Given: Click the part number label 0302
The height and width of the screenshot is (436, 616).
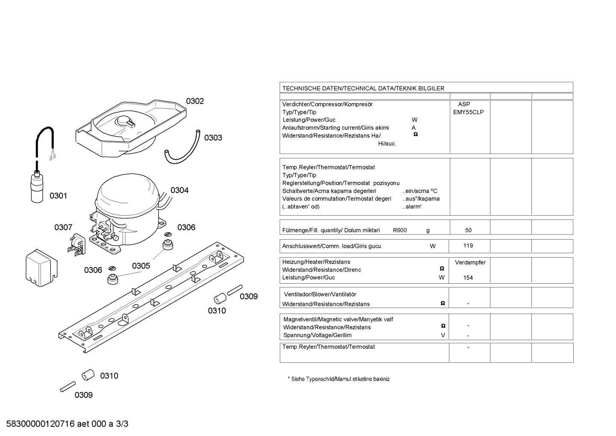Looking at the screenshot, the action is point(195,101).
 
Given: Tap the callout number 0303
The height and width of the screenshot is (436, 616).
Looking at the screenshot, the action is point(213,138).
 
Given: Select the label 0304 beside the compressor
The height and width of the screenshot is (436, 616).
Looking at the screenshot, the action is point(179,190).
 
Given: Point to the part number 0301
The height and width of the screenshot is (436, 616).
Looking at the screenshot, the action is point(58,196).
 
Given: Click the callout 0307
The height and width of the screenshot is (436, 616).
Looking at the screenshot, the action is point(63,228).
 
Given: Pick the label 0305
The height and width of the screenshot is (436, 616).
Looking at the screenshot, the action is point(141,266).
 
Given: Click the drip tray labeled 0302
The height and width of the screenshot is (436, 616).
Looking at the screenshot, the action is point(131,129).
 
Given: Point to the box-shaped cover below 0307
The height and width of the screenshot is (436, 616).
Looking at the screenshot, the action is point(41,268).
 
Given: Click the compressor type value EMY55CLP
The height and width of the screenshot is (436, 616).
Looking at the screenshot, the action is point(468,113).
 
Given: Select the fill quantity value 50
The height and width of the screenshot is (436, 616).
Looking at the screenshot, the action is point(468,230).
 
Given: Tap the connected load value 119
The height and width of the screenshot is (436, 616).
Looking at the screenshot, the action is point(468,246).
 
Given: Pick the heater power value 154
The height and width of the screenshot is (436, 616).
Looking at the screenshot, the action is point(468,278).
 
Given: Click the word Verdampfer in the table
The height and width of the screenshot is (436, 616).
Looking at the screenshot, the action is point(470,262).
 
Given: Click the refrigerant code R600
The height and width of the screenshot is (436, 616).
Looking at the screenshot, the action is point(399,230).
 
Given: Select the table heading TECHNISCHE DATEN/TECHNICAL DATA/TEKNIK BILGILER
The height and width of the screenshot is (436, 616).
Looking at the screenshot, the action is point(363,89).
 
